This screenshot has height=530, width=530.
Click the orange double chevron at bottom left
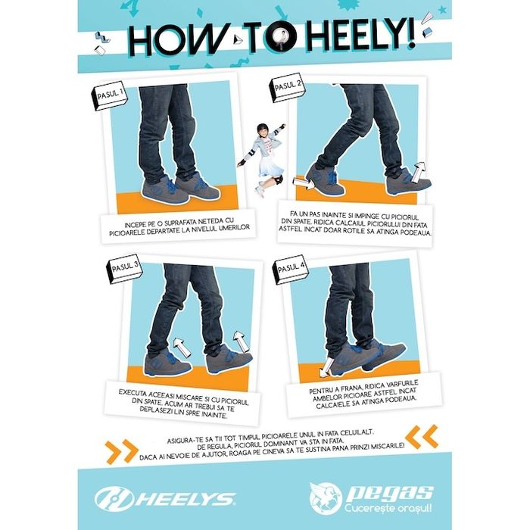tap(121, 451)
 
